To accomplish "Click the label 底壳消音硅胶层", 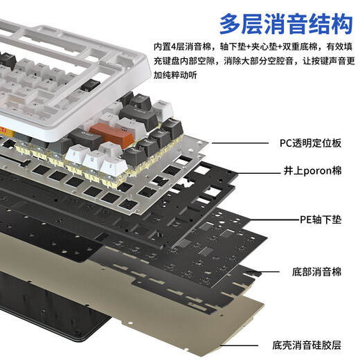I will (x=312, y=344).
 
